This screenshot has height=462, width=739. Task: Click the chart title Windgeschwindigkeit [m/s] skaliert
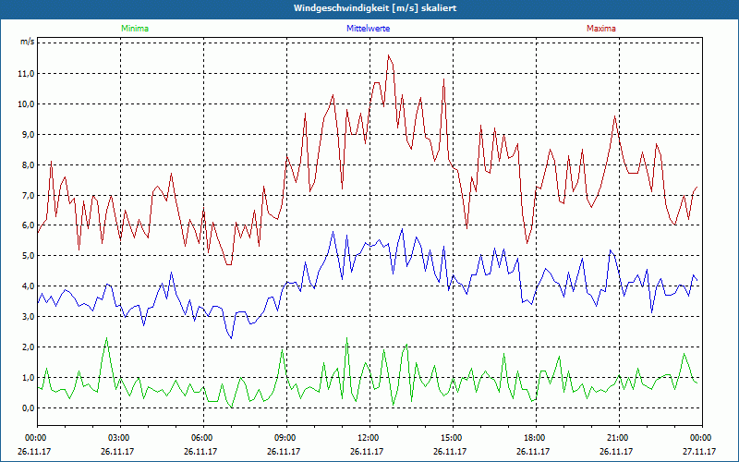[369, 8]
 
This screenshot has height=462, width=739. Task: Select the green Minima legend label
[134, 29]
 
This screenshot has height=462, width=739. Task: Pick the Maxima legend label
[600, 29]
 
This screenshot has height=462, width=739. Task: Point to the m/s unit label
[27, 43]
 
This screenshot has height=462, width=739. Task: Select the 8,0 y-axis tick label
[27, 164]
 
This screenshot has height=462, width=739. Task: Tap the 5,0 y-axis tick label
[27, 256]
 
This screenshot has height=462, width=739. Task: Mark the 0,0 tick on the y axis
[27, 407]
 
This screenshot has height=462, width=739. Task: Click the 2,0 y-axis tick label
[27, 346]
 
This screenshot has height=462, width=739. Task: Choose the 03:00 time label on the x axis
[119, 438]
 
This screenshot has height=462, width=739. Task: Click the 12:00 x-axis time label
[369, 438]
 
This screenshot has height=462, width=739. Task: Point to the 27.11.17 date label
[701, 452]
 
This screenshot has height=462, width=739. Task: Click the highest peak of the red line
[389, 55]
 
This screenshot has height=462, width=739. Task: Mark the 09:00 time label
[285, 438]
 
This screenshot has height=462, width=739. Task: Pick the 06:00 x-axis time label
[202, 438]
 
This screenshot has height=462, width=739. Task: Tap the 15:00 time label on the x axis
[452, 438]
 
